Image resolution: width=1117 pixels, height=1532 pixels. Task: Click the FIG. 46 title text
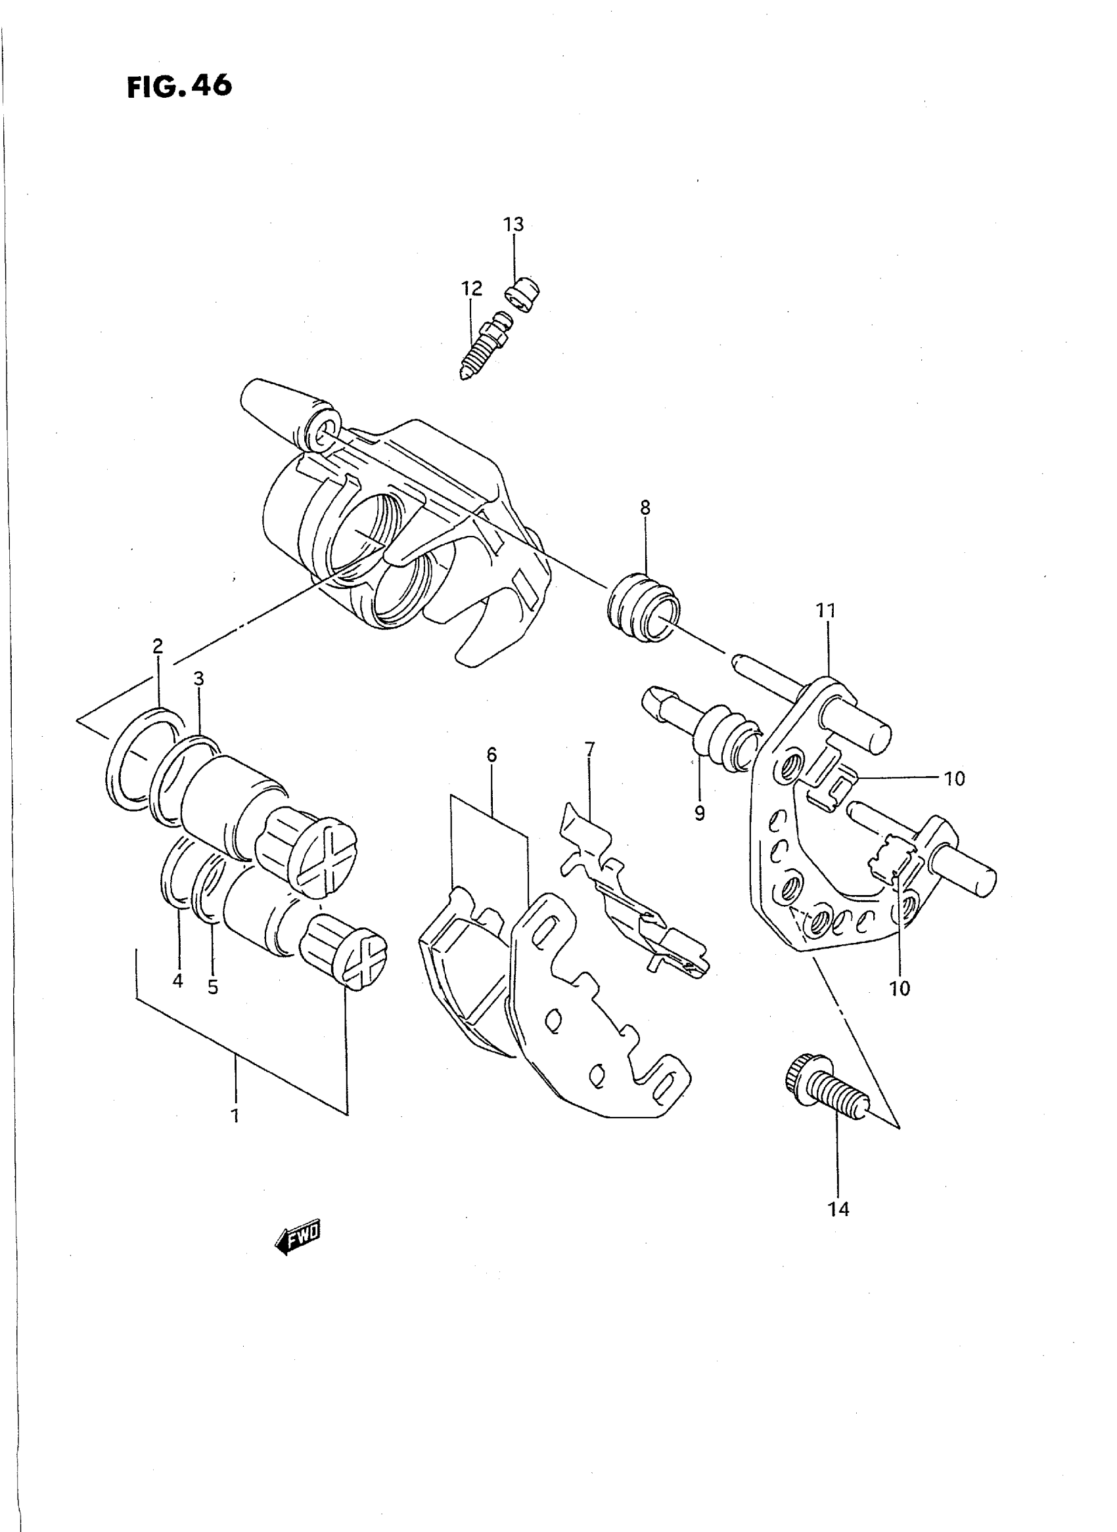[x=179, y=87]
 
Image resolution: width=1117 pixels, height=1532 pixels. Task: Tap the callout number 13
[x=513, y=225]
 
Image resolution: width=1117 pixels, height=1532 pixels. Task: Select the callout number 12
[x=472, y=288]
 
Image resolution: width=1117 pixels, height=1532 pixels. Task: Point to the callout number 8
[x=645, y=508]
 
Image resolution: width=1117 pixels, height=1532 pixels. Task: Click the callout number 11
[x=825, y=611]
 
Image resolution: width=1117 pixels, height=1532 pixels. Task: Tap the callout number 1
[x=235, y=1116]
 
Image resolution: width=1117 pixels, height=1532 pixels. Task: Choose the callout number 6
[x=491, y=755]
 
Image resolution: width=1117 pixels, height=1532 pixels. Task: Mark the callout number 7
[x=589, y=749]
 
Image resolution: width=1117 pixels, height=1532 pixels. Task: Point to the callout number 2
[x=158, y=647]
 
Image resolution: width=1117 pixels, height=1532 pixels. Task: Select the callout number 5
[x=213, y=988]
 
